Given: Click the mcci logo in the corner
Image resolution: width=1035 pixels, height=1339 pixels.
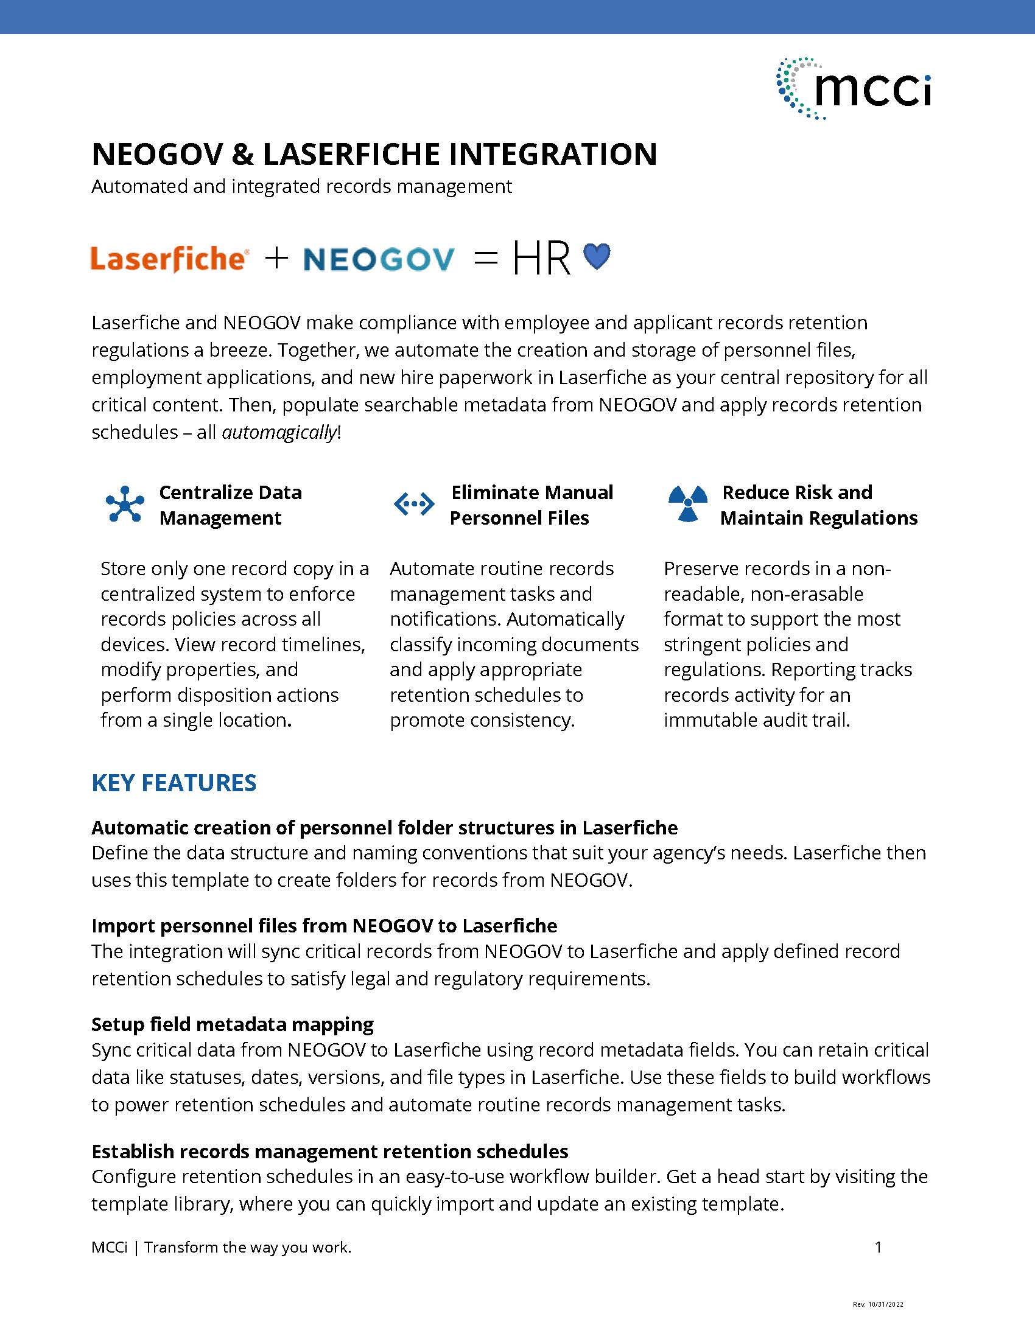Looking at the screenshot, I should [x=854, y=89].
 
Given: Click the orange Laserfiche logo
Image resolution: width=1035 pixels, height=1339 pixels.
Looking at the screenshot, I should [x=169, y=259].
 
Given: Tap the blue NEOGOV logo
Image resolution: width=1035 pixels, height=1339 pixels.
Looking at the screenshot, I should [x=379, y=259].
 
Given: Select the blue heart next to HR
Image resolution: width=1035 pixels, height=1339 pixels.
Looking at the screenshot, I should [x=597, y=256].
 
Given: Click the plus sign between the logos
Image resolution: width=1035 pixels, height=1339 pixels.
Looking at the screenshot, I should [x=276, y=258].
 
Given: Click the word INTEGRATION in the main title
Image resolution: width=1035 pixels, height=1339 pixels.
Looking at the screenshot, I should [x=552, y=154].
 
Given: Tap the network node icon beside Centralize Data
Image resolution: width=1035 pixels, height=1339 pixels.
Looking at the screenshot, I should [x=124, y=504].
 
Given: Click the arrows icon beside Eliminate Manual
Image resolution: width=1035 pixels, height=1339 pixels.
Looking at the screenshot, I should [x=413, y=504].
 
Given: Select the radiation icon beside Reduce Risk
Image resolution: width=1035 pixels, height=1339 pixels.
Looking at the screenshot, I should [x=687, y=504].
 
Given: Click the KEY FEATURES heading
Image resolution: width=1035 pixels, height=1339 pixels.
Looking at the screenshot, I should [x=174, y=783].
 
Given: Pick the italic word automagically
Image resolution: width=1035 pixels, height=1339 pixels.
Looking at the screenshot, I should [x=279, y=432].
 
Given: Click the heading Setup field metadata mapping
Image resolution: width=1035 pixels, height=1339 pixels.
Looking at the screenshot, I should [x=233, y=1024].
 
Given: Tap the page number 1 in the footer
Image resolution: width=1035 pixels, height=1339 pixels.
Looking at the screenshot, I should [x=878, y=1247].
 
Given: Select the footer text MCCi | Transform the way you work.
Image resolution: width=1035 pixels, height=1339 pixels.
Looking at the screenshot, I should [x=222, y=1247].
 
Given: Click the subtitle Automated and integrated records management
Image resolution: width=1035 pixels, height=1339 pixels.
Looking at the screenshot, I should [x=301, y=186].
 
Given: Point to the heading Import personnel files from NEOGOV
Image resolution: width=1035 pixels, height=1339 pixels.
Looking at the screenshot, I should [x=325, y=926].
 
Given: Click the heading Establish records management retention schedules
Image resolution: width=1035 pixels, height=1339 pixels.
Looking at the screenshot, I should [x=330, y=1152].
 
